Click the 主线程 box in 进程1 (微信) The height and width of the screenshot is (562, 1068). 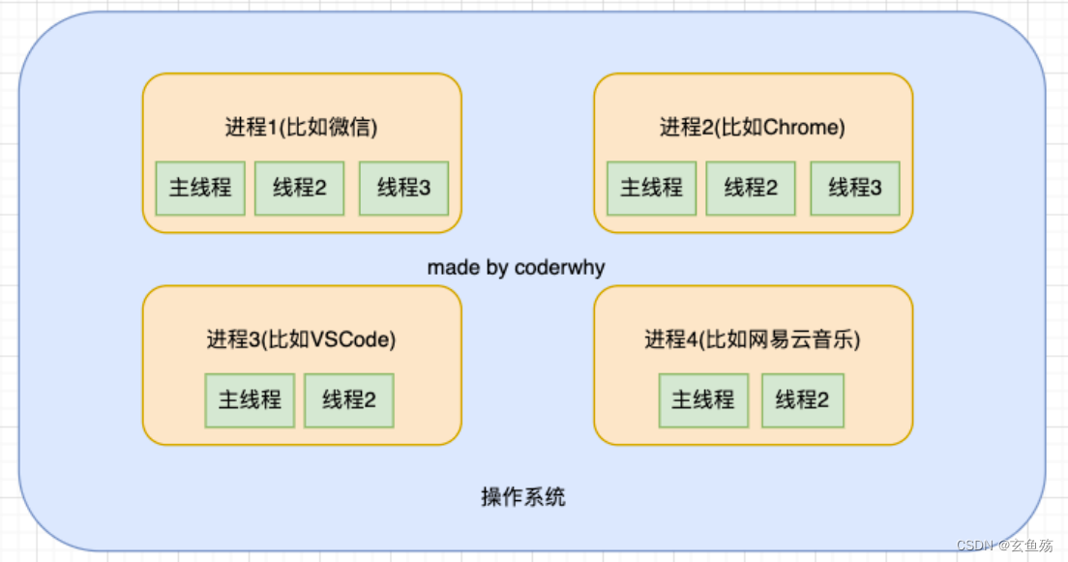pos(200,188)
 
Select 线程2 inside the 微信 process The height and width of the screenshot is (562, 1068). pos(300,188)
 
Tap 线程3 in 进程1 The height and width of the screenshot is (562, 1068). pos(403,188)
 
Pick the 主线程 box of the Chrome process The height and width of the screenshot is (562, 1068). pos(651,188)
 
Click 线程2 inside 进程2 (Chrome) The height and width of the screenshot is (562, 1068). pos(751,188)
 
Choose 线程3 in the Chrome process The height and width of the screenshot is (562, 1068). pos(855,188)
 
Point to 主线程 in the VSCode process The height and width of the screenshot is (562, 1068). pos(250,400)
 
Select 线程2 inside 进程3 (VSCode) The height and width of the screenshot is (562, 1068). pos(349,400)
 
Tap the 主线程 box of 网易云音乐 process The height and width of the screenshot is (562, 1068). pos(703,400)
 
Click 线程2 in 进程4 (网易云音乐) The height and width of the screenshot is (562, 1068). pos(802,400)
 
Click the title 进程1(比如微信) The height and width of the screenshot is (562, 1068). pos(301,128)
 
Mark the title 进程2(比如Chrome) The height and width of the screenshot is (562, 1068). pos(753,128)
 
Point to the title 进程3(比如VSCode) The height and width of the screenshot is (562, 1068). pos(301,340)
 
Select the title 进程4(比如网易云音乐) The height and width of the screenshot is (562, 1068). pos(753,340)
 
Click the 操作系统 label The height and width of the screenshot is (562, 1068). pos(523,498)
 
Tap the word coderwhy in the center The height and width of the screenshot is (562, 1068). pos(559,268)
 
